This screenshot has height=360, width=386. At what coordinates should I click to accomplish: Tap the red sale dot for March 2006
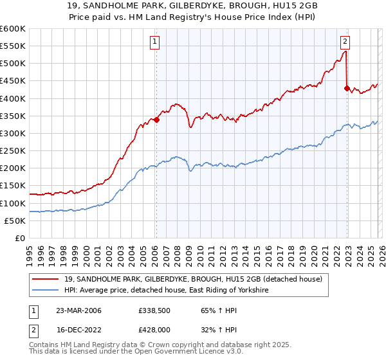pos(156,119)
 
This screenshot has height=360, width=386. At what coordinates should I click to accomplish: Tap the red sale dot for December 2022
pos(347,88)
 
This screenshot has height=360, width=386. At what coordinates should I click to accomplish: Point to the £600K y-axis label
pos(12,29)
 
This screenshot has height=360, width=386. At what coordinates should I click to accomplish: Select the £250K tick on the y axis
pos(12,150)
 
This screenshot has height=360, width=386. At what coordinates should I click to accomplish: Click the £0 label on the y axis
pos(19,238)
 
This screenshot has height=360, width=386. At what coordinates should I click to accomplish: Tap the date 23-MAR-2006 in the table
pos(78,310)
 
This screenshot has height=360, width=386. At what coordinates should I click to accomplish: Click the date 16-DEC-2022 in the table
pos(78,330)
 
